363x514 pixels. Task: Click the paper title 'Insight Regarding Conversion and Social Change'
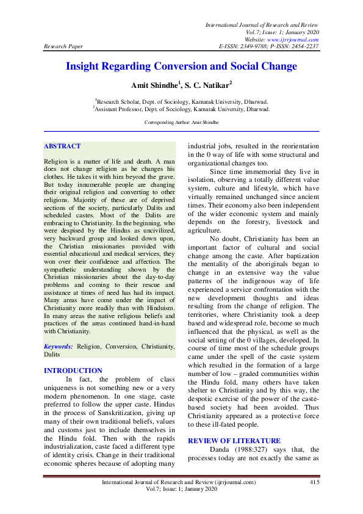coord(181,66)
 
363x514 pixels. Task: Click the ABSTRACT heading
coord(62,147)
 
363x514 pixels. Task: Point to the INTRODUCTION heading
coord(73,371)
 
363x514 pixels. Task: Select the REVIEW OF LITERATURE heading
coord(234,441)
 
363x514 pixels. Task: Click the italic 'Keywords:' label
coord(59,346)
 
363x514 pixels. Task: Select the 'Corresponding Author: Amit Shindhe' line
coord(181,122)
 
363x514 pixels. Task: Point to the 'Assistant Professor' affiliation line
coord(181,109)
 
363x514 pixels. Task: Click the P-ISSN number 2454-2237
coord(303,46)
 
